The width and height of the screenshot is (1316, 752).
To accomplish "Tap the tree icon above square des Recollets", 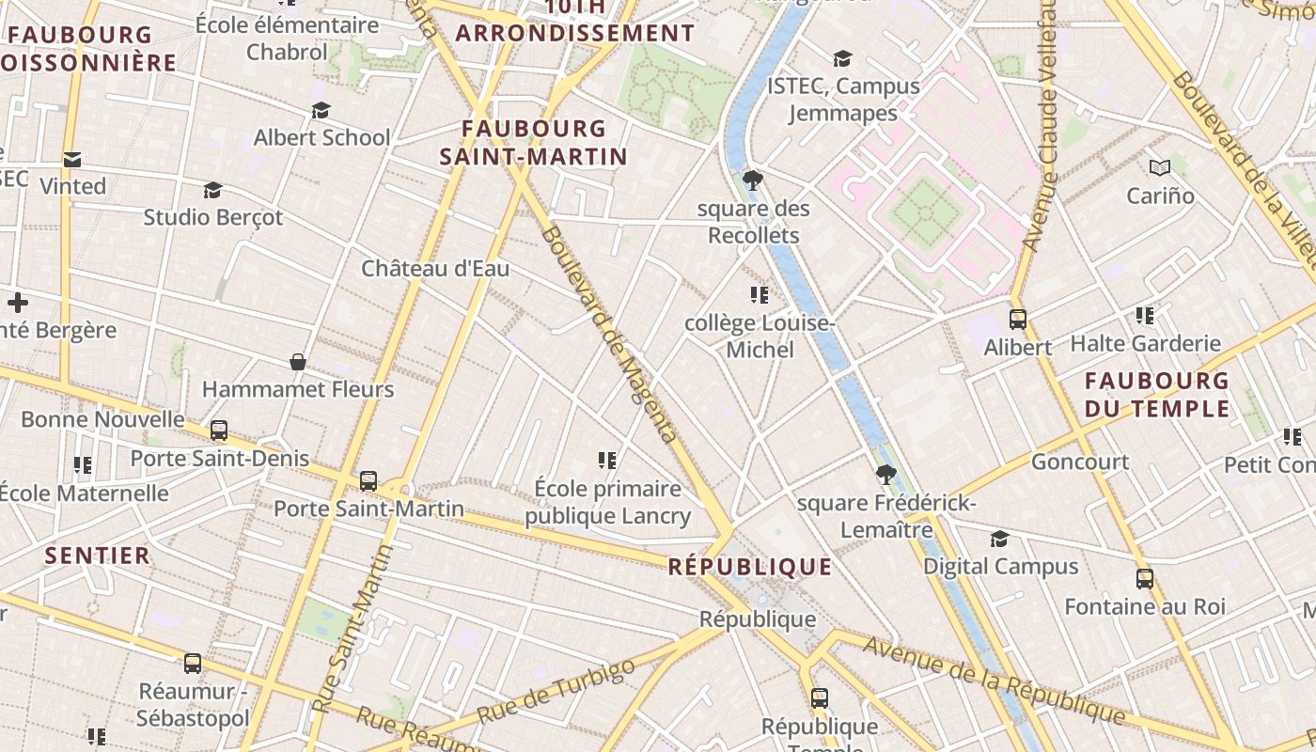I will pos(752,180).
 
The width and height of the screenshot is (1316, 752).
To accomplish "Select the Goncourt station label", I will pos(1080,462).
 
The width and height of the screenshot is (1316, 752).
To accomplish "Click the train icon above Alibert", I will pos(1017,319).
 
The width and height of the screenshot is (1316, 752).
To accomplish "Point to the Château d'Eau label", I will pos(435,269).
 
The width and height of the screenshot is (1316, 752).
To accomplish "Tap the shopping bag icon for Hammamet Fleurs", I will pos(298,362).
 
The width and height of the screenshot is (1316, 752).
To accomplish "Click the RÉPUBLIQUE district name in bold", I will pos(750,567).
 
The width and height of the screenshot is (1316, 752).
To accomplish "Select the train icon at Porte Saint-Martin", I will pos(368,480).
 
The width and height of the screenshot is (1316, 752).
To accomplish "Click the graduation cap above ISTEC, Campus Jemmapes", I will pos(842,58).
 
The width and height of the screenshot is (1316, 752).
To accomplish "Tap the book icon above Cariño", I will pos(1160,167).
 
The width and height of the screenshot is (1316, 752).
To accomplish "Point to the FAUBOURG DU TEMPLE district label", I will pos(1156,395).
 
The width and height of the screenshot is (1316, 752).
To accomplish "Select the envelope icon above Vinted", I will pos(72,159).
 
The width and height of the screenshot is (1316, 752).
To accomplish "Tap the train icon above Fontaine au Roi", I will pos(1144,578).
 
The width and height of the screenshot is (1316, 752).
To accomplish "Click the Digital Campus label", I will pos(1000,566).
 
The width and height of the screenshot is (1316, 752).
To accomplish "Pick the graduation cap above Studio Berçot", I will pos(212,190).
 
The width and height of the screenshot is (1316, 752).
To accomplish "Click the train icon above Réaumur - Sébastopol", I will pos(193,663).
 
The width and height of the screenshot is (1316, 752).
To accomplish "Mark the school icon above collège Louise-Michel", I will pos(760,295).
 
